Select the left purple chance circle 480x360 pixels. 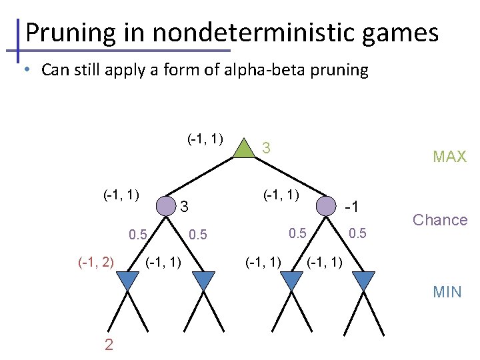click(x=165, y=206)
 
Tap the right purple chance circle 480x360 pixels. click(x=325, y=206)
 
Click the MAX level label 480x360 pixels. click(x=449, y=157)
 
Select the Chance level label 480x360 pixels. click(x=440, y=220)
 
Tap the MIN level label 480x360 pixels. click(x=447, y=291)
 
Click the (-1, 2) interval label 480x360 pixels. click(x=95, y=261)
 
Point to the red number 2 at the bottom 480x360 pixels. click(x=109, y=344)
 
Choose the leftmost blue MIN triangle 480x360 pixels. click(x=128, y=281)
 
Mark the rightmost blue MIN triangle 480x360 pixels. click(x=363, y=281)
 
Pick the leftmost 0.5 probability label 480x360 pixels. click(x=138, y=235)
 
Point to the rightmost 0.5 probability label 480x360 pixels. click(x=357, y=233)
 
